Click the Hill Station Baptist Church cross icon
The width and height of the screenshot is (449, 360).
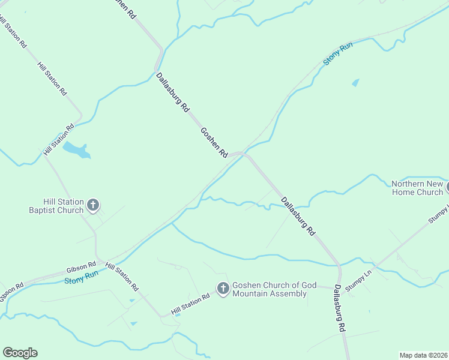pyautogui.click(x=93, y=206)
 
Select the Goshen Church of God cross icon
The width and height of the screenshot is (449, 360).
pyautogui.click(x=223, y=289)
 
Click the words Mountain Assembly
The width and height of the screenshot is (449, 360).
pyautogui.click(x=270, y=294)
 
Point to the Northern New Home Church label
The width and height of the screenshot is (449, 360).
pyautogui.click(x=417, y=188)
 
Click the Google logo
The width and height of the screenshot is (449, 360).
pyautogui.click(x=20, y=353)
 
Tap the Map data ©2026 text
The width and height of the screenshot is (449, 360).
pyautogui.click(x=423, y=355)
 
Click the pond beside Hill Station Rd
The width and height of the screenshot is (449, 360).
pyautogui.click(x=77, y=149)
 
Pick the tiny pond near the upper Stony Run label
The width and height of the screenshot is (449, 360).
pyautogui.click(x=355, y=83)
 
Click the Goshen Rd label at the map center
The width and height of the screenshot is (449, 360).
pyautogui.click(x=214, y=142)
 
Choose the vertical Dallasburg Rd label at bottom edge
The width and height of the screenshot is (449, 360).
pyautogui.click(x=340, y=308)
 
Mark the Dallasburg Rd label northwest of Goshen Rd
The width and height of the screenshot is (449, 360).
pyautogui.click(x=173, y=92)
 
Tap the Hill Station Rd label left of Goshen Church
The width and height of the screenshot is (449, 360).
pyautogui.click(x=190, y=304)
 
